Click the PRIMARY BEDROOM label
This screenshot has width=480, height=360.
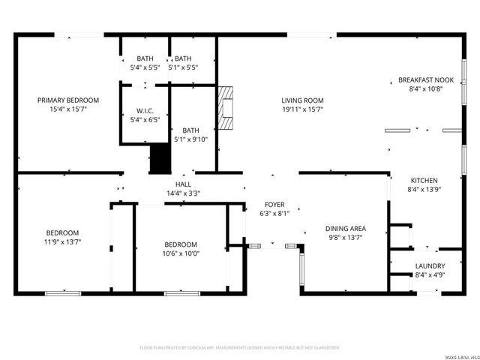click(x=69, y=100)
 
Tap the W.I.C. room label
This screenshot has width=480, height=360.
click(x=145, y=110)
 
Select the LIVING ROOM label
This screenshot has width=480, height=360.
click(x=302, y=100)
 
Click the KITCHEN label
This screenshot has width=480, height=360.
click(x=424, y=181)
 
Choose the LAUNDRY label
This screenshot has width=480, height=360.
click(x=430, y=265)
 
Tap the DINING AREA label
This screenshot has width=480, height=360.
click(x=345, y=229)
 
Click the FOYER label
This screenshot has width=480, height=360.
click(x=274, y=204)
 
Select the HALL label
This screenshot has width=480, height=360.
click(x=183, y=184)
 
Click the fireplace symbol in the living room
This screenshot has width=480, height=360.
click(x=225, y=104)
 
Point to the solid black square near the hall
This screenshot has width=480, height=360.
click(x=160, y=158)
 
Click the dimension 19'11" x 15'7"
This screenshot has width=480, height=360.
click(x=302, y=109)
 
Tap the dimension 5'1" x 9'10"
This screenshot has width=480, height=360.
click(x=190, y=139)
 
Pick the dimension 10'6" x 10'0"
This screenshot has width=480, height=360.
click(x=181, y=253)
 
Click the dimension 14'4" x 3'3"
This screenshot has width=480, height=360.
click(x=183, y=193)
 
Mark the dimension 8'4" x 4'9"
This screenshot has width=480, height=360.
click(x=430, y=274)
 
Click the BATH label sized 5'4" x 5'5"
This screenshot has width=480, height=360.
click(x=145, y=58)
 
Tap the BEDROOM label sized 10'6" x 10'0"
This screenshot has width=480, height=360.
click(x=181, y=244)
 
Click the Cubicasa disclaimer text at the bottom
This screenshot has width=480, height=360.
click(x=240, y=348)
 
